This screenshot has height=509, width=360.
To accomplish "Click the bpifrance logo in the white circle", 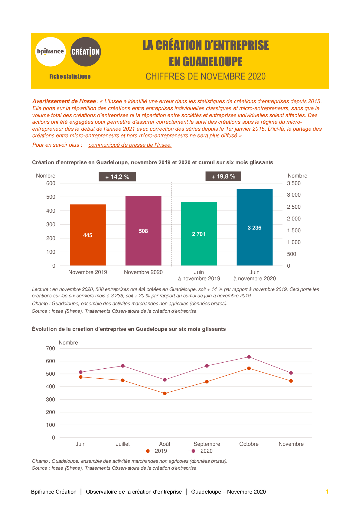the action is (51, 52).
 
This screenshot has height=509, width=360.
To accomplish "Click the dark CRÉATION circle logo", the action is (85, 52).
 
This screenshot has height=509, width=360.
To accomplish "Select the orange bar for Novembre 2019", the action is (88, 235).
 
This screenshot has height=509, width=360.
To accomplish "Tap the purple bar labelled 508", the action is (143, 231).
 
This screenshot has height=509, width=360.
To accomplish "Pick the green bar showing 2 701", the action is (199, 234).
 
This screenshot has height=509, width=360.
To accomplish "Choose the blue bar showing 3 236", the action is (254, 227).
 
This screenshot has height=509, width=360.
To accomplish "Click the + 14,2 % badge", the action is (117, 177).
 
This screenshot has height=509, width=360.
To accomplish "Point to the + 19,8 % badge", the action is (223, 176).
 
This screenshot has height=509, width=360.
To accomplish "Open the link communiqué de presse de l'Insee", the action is (130, 145).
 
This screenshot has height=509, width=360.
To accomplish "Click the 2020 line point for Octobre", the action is (249, 357).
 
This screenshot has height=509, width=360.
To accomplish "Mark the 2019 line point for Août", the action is (165, 393).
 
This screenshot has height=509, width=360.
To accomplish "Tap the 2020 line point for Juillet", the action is (123, 366).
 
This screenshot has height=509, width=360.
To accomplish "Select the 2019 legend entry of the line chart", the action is (154, 451).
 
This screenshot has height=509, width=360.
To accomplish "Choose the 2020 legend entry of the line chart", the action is (200, 451).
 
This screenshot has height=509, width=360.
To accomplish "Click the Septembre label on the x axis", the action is (207, 444).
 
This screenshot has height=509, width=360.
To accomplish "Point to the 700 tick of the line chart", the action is (51, 349).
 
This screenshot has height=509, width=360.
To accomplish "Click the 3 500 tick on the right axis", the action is (294, 183).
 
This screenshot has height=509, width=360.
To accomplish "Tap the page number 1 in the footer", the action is (327, 492).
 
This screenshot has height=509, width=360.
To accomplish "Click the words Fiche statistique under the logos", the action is (70, 76).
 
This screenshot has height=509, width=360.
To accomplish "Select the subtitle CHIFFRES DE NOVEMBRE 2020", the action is (205, 76).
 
